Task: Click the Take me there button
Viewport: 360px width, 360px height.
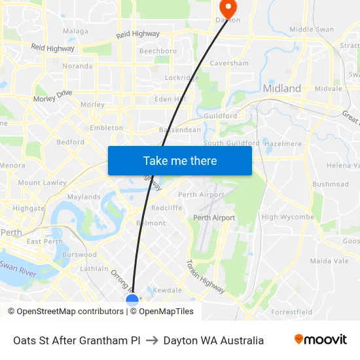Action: [179, 160]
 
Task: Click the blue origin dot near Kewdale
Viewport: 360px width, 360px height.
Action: [132, 300]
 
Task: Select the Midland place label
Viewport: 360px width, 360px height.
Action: [281, 88]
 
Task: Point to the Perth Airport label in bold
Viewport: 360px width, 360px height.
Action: [214, 218]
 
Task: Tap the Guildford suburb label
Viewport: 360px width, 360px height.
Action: [220, 116]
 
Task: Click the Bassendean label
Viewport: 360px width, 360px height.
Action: [180, 130]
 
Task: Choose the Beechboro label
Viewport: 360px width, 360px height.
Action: [158, 51]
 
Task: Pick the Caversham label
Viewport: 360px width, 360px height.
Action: [229, 63]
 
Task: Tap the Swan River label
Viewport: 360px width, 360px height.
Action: [18, 266]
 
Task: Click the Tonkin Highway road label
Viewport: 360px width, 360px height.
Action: [206, 277]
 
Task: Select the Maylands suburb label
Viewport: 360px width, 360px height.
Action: [84, 197]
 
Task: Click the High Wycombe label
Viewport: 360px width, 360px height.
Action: [287, 217]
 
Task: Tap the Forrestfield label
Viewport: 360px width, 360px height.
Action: [291, 312]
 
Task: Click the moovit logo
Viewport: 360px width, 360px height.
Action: [321, 340]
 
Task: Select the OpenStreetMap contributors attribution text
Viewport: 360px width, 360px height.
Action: [65, 312]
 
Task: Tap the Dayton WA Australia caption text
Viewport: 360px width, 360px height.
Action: [213, 340]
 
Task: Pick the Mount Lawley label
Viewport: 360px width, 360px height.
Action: [42, 183]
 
